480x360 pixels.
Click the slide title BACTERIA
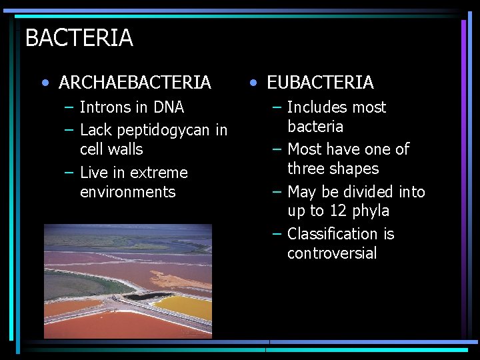[79, 38]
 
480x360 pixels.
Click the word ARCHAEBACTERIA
[135, 83]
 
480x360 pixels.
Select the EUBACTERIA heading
[320, 83]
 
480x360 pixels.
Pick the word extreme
[159, 173]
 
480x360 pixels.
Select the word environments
[127, 192]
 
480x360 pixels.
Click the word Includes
[317, 107]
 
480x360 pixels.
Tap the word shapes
[356, 169]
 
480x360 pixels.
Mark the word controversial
[332, 253]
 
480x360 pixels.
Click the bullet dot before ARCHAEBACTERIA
[45, 83]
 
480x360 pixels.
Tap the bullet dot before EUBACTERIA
[253, 83]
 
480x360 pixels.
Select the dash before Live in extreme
[69, 173]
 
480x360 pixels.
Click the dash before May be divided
[277, 192]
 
